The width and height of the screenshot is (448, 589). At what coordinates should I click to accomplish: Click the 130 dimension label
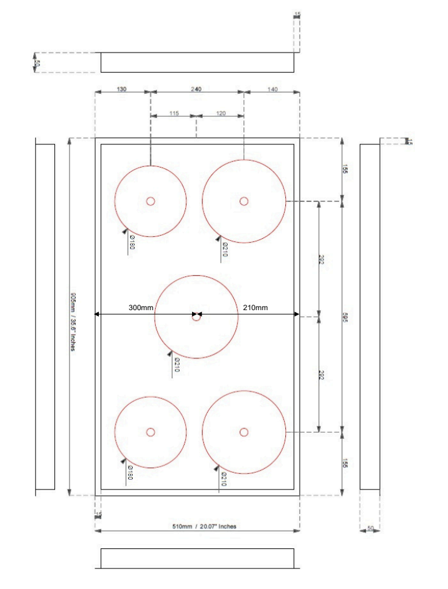point(121,89)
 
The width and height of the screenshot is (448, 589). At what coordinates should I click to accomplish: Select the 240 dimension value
point(196,89)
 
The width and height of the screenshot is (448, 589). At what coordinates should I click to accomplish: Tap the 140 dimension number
point(272,89)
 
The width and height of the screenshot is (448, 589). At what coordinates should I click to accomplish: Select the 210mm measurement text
point(255,307)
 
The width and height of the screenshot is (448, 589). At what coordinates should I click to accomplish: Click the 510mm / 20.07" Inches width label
point(205,526)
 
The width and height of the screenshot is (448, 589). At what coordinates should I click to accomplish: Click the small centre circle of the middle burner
point(196,317)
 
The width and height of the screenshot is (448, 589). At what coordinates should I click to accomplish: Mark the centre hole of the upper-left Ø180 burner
point(150,201)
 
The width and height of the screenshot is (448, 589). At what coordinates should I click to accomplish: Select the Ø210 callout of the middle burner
point(176,365)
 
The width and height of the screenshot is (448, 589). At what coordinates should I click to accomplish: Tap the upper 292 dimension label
point(321,259)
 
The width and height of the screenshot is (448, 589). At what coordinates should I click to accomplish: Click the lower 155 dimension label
point(346,463)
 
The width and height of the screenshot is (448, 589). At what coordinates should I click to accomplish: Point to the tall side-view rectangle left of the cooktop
point(45,316)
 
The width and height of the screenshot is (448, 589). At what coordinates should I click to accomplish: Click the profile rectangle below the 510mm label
point(197,558)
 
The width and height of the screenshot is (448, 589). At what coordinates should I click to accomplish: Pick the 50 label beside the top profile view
point(37,63)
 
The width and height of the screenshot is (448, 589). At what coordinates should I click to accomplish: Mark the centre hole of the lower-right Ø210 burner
point(244,431)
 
